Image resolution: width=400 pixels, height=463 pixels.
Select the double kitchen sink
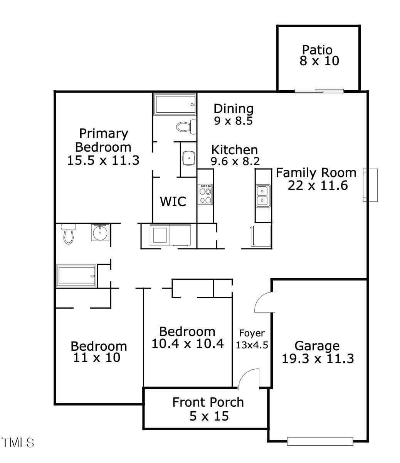click(263, 196)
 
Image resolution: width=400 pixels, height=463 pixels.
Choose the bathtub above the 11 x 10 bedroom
click(76, 276)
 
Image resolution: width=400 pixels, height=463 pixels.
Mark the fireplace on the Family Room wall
click(370, 185)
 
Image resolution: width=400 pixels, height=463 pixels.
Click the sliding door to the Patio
click(319, 91)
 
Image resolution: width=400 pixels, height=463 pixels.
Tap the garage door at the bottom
click(320, 441)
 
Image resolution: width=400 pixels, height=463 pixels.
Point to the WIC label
click(173, 201)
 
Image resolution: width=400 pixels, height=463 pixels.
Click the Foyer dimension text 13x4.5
click(252, 345)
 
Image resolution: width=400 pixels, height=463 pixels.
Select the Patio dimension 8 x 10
click(319, 61)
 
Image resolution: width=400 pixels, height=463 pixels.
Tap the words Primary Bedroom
click(103, 140)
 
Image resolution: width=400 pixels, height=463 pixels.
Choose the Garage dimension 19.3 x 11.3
click(318, 359)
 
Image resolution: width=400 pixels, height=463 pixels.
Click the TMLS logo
click(18, 442)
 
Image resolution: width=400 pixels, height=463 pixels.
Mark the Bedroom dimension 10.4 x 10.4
click(187, 343)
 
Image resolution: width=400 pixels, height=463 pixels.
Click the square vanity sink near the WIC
click(188, 158)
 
